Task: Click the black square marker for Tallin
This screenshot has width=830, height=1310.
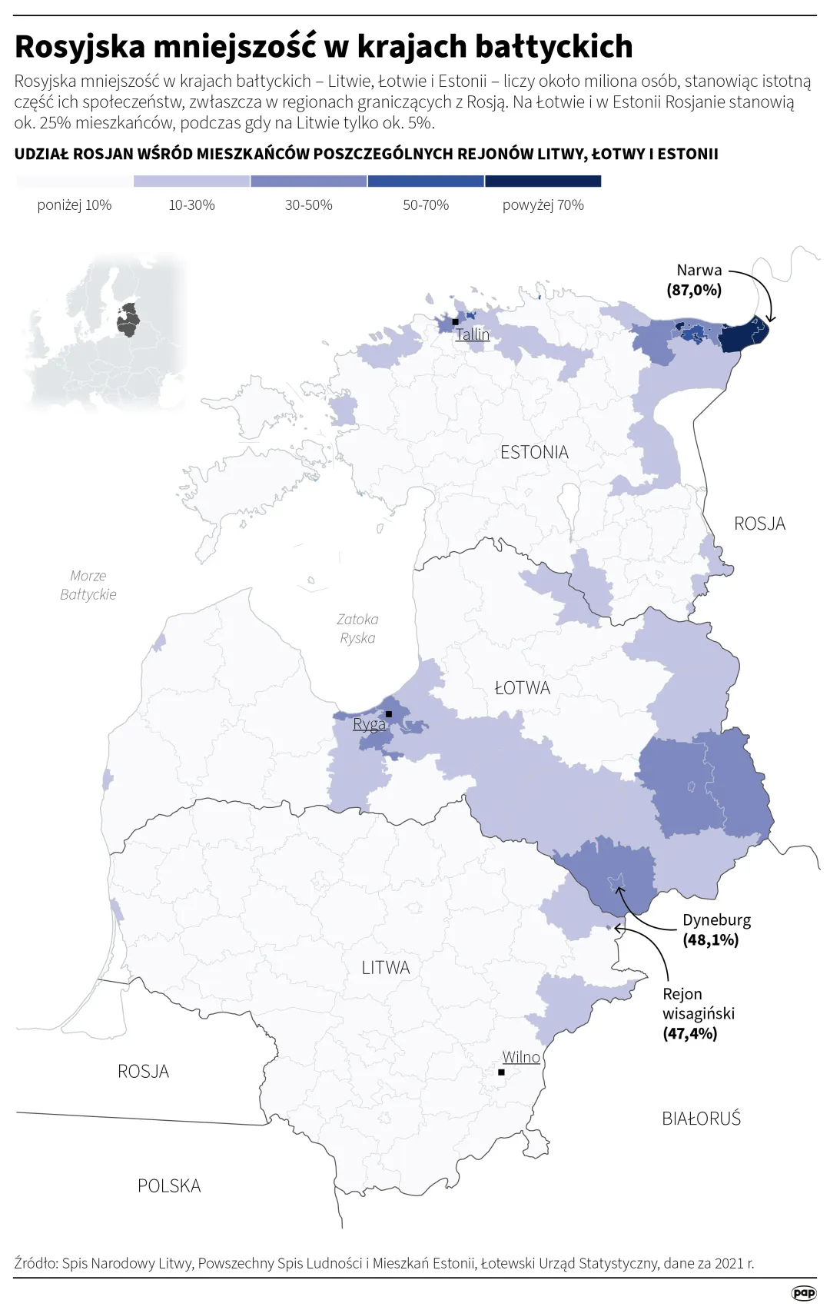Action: [456, 322]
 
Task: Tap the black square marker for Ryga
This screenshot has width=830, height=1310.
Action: [389, 714]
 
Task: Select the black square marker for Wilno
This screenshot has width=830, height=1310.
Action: [501, 1072]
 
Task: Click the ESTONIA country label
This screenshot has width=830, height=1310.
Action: [534, 453]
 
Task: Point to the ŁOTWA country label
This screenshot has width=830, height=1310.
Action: [523, 688]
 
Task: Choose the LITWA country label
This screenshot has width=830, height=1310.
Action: [386, 968]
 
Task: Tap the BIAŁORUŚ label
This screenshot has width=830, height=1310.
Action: [701, 1119]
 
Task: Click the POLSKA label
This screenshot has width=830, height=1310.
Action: [169, 1186]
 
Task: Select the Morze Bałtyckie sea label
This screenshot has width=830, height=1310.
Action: [88, 585]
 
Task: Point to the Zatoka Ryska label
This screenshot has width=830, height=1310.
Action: [357, 629]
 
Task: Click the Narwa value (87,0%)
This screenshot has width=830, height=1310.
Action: [694, 290]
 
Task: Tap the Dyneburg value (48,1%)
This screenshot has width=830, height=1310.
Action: [711, 939]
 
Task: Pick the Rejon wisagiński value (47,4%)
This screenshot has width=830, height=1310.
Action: [690, 1033]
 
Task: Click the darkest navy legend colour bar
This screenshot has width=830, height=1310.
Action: [543, 181]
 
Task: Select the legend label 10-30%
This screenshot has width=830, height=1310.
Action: [192, 205]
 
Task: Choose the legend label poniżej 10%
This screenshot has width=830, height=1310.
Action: [75, 205]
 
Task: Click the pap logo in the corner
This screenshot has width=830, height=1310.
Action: [803, 1293]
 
